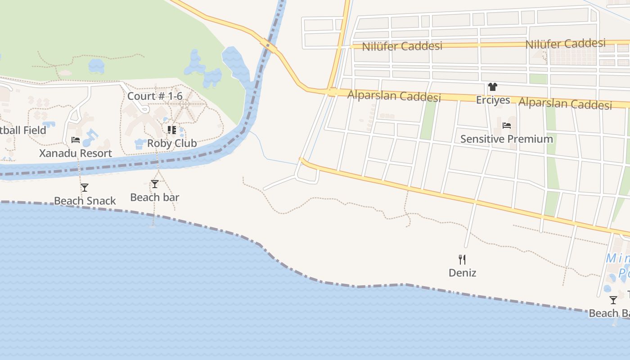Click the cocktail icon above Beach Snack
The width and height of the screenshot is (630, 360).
85,188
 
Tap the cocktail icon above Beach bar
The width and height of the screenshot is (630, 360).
155,184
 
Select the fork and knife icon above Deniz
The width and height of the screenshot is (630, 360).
462,259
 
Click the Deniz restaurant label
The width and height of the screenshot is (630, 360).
462,273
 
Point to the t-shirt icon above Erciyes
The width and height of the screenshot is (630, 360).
493,87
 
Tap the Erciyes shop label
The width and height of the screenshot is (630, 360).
493,100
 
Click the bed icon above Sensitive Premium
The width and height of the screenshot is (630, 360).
507,126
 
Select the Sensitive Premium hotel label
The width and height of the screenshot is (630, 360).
506,139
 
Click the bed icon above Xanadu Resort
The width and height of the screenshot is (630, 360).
76,140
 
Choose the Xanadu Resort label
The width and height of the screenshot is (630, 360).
76,153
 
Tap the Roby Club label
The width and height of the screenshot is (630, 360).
172,144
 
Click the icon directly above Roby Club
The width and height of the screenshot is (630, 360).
171,130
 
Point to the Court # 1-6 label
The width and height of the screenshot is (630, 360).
155,96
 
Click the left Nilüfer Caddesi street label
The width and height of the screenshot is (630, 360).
402,46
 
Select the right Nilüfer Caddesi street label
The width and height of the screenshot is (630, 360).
565,44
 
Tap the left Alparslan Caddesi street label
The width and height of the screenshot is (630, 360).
394,96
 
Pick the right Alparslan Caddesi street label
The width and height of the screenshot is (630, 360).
565,103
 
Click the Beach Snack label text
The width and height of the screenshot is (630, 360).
85,201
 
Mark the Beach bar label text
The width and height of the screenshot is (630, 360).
155,197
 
